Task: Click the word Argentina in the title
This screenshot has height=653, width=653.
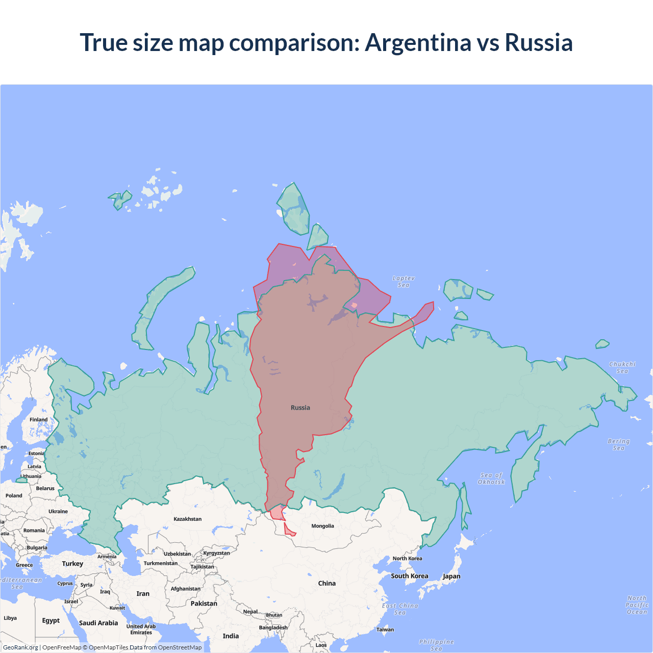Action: click(418, 43)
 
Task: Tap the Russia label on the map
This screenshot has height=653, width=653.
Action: click(300, 408)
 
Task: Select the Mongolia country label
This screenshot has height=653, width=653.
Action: click(322, 526)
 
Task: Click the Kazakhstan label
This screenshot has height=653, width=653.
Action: click(187, 519)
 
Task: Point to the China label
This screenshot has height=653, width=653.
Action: click(327, 583)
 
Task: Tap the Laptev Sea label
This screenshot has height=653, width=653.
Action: click(404, 282)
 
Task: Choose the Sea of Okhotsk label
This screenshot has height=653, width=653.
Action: click(491, 479)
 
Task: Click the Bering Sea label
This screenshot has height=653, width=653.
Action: click(619, 444)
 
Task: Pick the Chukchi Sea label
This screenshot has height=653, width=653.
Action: click(622, 367)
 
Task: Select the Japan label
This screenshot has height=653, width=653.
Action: click(451, 576)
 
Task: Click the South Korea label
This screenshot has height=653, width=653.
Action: click(410, 576)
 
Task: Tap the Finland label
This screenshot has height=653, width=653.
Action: click(38, 419)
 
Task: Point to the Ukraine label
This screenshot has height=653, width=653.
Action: click(58, 511)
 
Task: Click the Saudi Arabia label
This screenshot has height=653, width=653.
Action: click(98, 623)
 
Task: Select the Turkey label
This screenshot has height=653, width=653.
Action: click(72, 564)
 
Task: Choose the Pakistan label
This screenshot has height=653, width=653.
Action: click(204, 604)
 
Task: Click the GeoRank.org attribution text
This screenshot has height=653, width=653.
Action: click(20, 647)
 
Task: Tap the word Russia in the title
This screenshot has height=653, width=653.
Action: click(539, 43)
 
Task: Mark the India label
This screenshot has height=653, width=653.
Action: click(231, 636)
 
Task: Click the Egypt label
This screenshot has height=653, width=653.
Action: click(51, 620)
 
